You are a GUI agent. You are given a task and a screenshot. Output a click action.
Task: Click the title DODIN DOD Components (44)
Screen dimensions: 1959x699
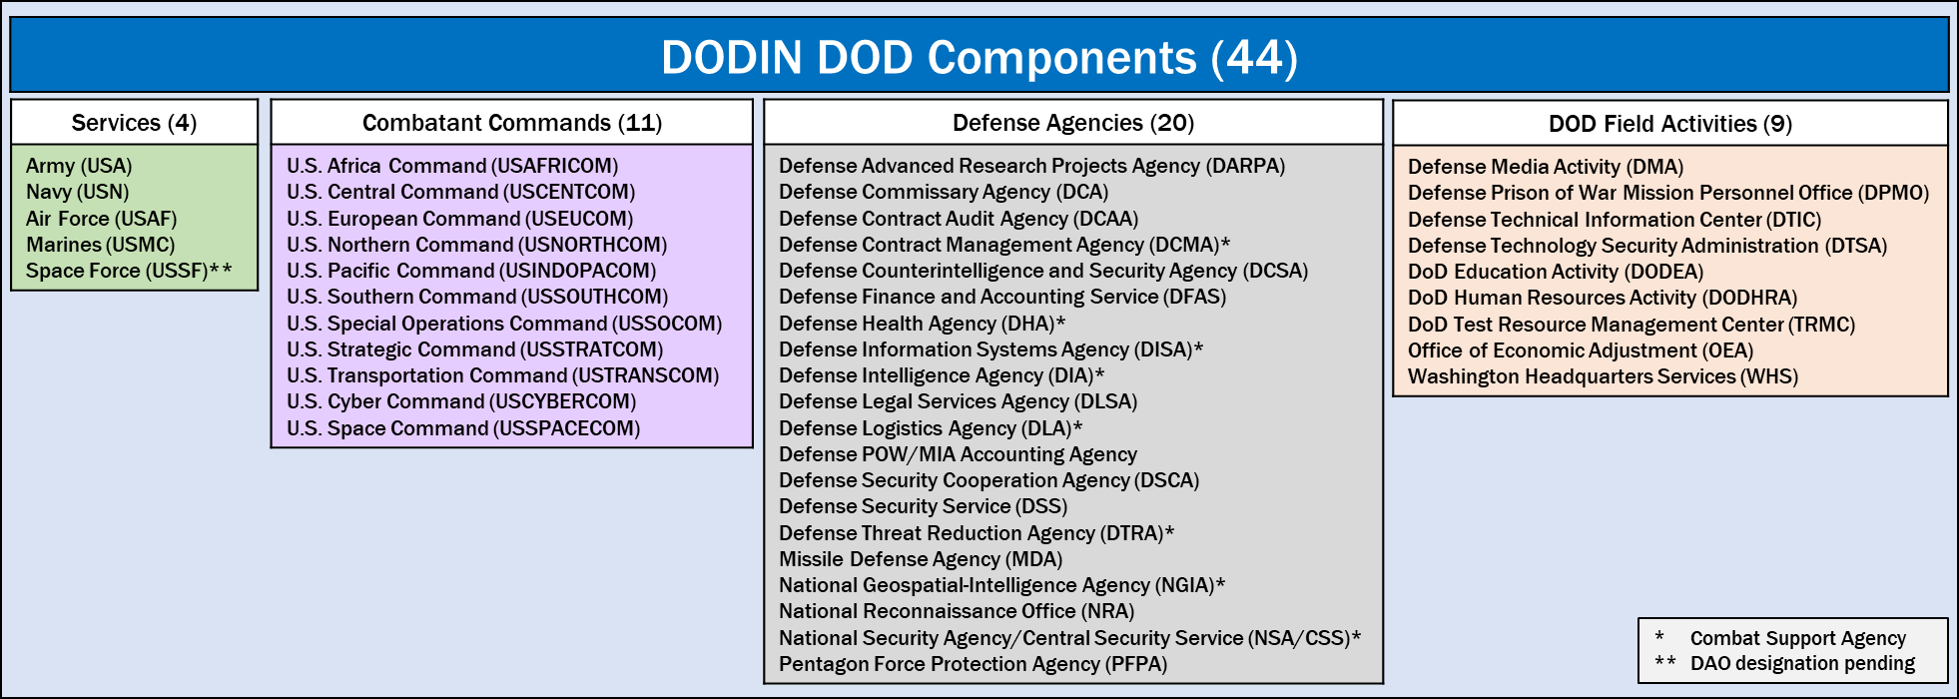(x=979, y=57)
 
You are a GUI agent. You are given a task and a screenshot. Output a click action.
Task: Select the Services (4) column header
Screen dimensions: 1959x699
(x=134, y=123)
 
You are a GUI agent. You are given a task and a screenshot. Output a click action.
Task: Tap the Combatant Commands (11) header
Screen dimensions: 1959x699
(x=512, y=123)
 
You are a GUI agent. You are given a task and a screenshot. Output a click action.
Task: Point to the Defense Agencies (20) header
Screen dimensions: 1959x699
(x=1073, y=123)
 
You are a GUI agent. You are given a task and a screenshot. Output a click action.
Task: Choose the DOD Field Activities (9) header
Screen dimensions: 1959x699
(x=1670, y=124)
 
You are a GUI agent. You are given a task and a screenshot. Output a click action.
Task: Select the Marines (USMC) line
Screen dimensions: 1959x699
(x=100, y=245)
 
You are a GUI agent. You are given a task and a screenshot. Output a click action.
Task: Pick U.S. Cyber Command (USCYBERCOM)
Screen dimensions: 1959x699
(x=461, y=401)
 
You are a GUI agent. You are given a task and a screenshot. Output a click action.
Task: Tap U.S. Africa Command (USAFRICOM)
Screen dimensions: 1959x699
(x=452, y=166)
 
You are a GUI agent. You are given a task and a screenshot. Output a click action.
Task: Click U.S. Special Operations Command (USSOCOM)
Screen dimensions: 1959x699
(x=504, y=324)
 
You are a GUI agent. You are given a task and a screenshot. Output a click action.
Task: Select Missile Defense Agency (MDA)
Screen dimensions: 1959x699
(x=921, y=559)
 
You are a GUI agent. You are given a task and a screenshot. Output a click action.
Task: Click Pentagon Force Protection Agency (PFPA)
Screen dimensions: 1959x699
(x=973, y=664)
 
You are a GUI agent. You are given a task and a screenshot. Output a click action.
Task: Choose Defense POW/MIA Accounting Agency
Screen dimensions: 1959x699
(x=958, y=454)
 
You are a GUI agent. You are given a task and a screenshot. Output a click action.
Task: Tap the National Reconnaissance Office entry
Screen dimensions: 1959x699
(x=957, y=611)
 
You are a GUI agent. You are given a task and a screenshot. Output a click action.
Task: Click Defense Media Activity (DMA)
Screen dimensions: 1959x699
(x=1546, y=167)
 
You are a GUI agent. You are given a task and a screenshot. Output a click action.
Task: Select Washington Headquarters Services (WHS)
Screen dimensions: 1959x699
(x=1603, y=376)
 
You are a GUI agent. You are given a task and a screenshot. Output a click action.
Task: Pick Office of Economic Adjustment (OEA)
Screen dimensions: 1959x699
(x=1581, y=350)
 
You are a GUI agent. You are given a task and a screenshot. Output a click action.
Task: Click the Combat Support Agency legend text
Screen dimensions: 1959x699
(x=1798, y=638)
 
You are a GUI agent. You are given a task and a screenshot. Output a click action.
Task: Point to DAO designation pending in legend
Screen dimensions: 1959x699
(x=1803, y=663)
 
